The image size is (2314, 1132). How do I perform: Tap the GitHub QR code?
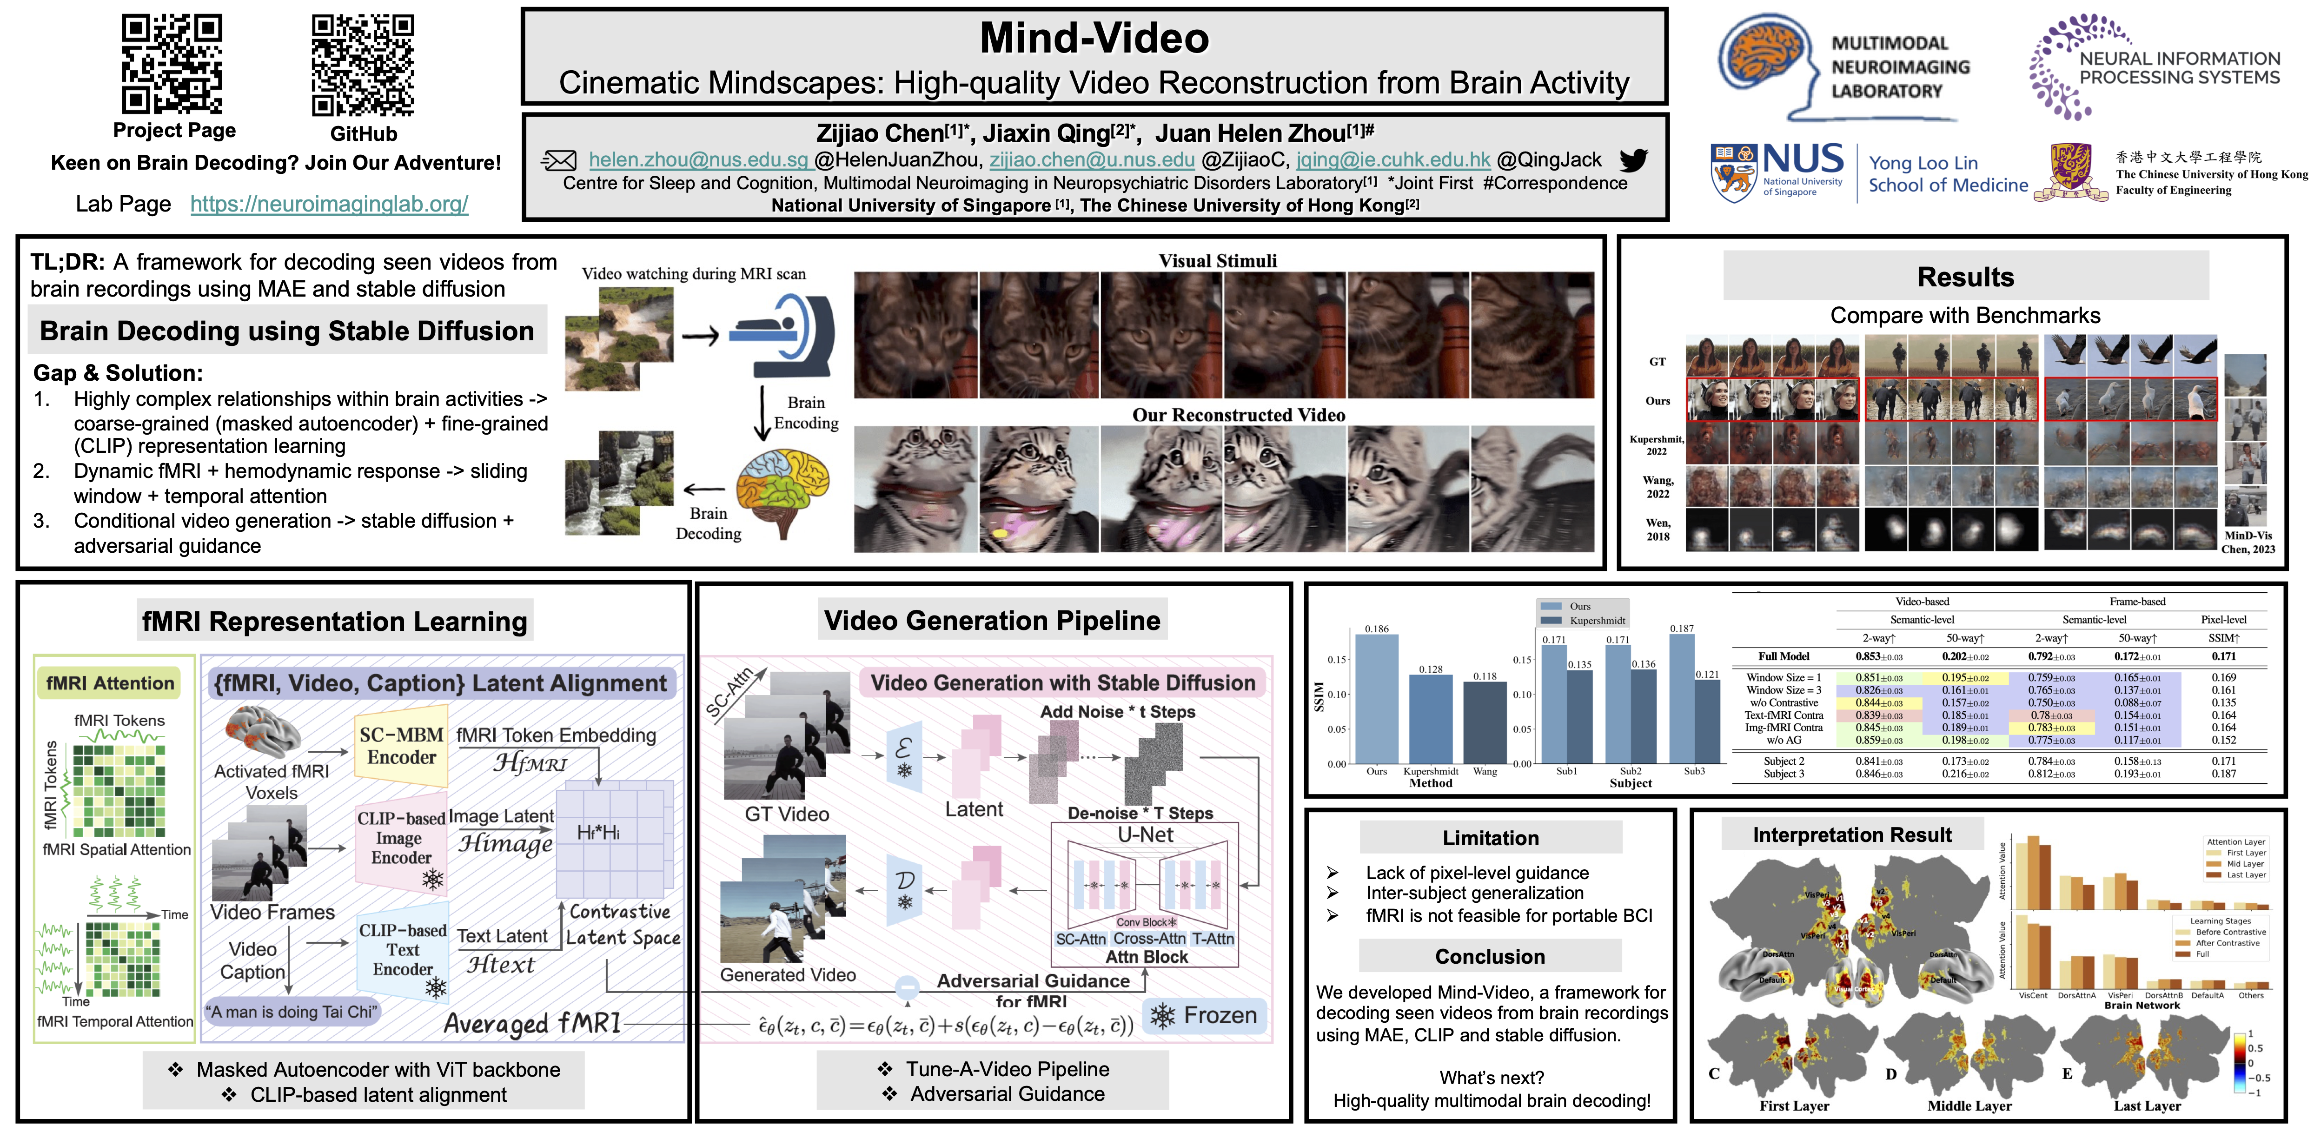coord(363,65)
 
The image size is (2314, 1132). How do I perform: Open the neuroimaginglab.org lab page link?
coord(329,204)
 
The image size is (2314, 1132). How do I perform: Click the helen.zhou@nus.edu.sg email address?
coord(699,160)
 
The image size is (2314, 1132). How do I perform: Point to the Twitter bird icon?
coord(1633,160)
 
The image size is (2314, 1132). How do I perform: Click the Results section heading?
coord(1965,277)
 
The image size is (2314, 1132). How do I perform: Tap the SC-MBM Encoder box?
coord(402,746)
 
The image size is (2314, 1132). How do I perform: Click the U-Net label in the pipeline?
coord(1145,834)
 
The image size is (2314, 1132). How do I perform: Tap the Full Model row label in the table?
coord(1784,657)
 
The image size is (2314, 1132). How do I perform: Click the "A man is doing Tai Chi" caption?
coord(292,1012)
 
